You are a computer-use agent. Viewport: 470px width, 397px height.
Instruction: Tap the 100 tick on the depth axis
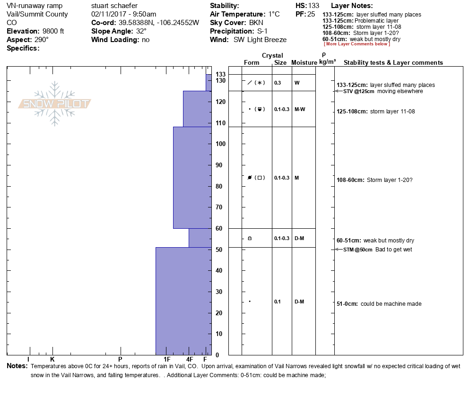[220, 144]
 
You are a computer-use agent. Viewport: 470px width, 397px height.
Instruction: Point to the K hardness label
[52, 360]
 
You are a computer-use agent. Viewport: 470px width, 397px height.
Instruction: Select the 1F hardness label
[167, 360]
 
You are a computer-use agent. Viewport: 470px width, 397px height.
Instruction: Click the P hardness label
[120, 360]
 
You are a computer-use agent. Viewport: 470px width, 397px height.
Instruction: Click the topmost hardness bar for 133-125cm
[209, 82]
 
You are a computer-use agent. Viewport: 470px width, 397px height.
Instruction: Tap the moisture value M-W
[299, 109]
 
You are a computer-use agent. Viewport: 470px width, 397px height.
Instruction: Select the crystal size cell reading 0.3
[278, 83]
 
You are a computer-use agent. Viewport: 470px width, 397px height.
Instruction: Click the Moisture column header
[304, 63]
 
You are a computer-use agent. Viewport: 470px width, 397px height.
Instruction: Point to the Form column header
[252, 63]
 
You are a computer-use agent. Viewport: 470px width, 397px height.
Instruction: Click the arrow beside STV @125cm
[337, 91]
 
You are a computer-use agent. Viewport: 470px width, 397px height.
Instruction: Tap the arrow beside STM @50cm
[337, 250]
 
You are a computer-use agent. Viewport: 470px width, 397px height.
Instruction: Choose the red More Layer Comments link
[357, 44]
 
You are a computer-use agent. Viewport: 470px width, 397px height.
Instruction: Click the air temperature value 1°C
[274, 14]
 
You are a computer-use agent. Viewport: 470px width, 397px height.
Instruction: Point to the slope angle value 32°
[141, 31]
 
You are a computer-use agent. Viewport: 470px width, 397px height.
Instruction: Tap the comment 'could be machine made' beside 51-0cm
[391, 304]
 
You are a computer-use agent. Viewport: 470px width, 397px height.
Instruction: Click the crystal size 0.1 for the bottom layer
[277, 302]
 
